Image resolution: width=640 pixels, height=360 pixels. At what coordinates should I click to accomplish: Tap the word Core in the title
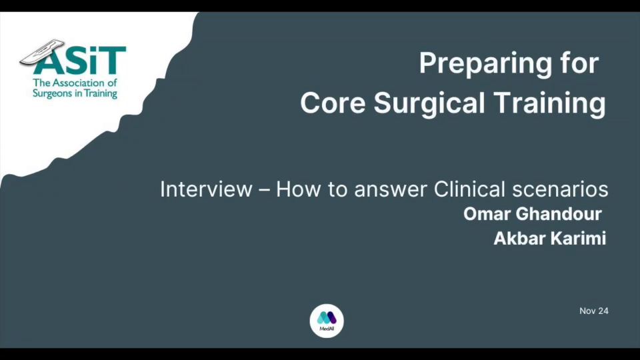[x=333, y=103]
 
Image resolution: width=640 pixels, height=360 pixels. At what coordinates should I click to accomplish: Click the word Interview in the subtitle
[x=206, y=189]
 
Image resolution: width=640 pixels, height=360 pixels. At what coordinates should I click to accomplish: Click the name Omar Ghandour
[x=532, y=214]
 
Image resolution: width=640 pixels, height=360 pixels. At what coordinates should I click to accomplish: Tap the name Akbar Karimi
[x=550, y=239]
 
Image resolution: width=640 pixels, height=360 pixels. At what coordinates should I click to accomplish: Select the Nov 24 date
[x=594, y=311]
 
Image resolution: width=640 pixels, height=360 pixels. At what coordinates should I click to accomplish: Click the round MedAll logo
[x=327, y=321]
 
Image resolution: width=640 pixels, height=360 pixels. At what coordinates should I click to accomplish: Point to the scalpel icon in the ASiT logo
[x=42, y=51]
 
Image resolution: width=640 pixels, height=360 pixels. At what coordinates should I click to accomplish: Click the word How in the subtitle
[x=299, y=189]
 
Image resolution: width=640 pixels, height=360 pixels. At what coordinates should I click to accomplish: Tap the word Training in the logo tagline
[x=101, y=94]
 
